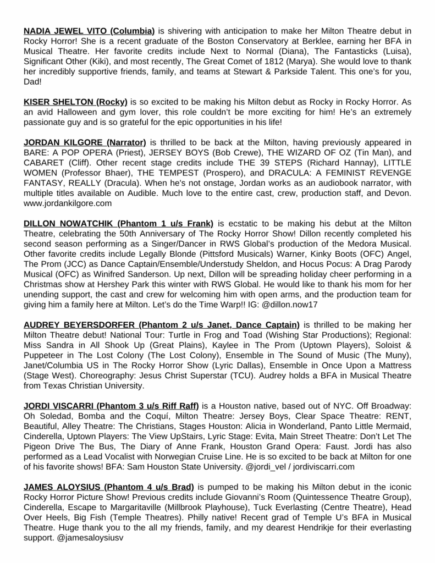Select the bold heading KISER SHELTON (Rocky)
(75, 102)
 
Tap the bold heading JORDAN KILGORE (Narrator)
(85, 142)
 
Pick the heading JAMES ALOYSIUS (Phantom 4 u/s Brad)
(109, 487)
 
